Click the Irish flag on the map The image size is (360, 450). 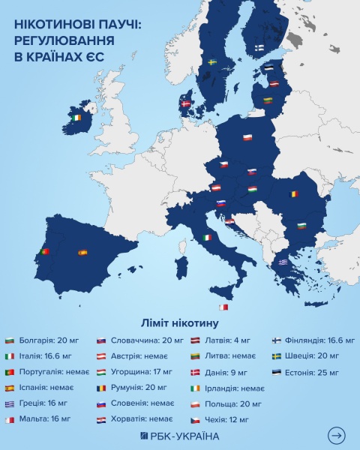pyautogui.click(x=76, y=118)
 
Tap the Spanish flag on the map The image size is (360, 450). pyautogui.click(x=82, y=253)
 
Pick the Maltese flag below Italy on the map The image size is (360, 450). pyautogui.click(x=223, y=307)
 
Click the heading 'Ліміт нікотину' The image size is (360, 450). pyautogui.click(x=180, y=324)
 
